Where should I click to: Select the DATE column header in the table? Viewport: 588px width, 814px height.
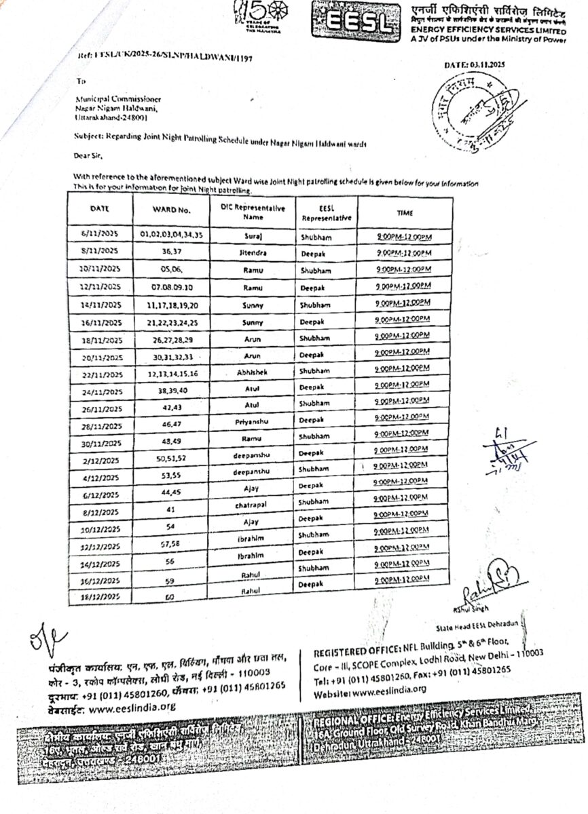100,210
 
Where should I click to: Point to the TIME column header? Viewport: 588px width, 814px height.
405,213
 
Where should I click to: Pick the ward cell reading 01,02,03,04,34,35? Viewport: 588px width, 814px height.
172,234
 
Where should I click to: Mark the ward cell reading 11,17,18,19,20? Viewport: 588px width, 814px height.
171,305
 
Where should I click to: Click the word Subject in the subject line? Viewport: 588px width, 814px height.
88,136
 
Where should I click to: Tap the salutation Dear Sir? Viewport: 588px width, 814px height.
88,156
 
